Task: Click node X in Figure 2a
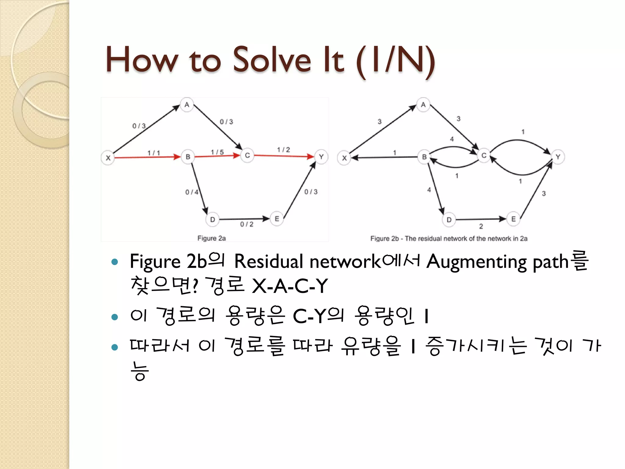coord(108,158)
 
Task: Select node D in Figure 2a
coord(212,220)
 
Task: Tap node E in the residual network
coord(513,219)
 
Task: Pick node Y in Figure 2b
coord(558,157)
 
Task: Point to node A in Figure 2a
coord(187,105)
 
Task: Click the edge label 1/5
coord(217,152)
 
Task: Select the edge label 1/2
coord(284,150)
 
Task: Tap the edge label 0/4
coord(192,192)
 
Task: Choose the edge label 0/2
coord(247,224)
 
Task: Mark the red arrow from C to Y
coord(284,156)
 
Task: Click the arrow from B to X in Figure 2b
coord(385,158)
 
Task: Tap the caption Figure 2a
coord(211,238)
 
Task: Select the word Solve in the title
coord(272,60)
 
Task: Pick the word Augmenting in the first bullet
coord(476,262)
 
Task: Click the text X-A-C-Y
coord(290,286)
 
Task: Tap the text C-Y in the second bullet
coord(309,316)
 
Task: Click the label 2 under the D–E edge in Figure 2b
coord(481,226)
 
